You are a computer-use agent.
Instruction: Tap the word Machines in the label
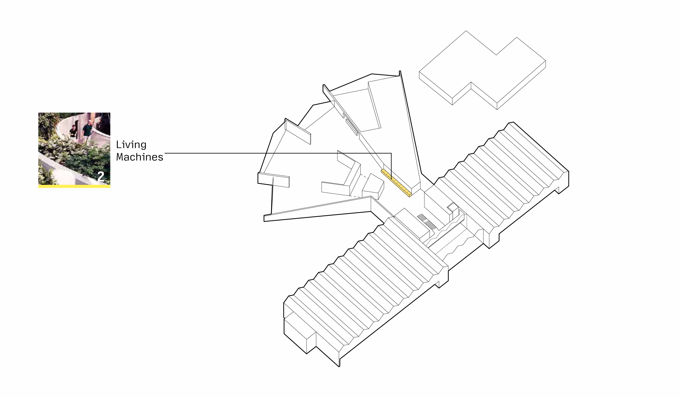140,157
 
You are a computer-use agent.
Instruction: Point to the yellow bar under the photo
74,186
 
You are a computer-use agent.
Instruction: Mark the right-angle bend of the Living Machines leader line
391,153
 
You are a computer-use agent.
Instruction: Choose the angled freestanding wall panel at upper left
298,132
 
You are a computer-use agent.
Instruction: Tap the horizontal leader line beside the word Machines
278,153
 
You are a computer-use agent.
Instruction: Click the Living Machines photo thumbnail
74,149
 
